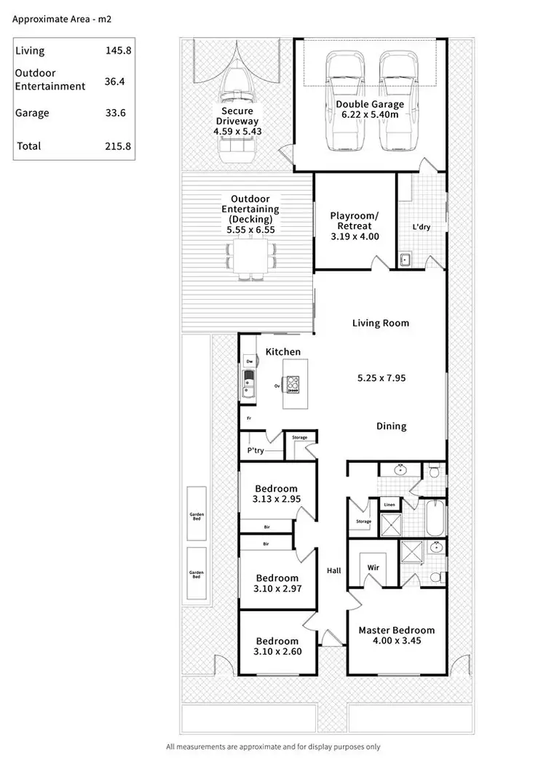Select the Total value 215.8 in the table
click(x=117, y=146)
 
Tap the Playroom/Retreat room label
click(x=355, y=226)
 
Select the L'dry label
click(x=422, y=227)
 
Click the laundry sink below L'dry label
click(x=405, y=259)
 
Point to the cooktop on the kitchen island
click(x=293, y=384)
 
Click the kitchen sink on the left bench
click(x=248, y=381)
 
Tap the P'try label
click(x=255, y=451)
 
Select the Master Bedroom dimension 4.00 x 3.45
click(x=396, y=641)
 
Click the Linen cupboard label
click(x=389, y=504)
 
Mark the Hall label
click(x=333, y=571)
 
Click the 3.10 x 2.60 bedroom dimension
click(x=278, y=651)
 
